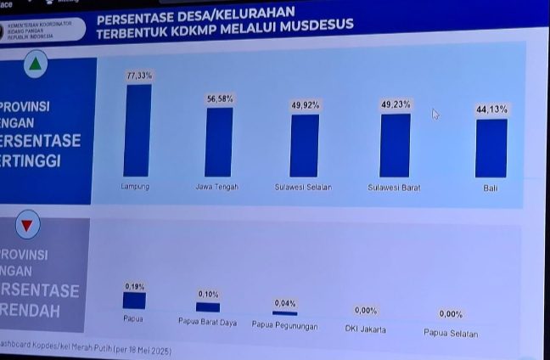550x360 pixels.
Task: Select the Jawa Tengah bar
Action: click(x=219, y=142)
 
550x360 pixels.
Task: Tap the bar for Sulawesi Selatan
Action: click(x=304, y=145)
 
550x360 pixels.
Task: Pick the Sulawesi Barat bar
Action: click(x=395, y=145)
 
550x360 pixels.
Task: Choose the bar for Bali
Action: click(x=491, y=148)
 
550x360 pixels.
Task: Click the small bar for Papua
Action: click(x=134, y=301)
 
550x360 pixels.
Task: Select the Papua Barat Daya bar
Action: click(x=208, y=307)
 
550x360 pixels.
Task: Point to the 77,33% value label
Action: click(x=139, y=76)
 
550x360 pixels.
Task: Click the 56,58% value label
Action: click(x=220, y=99)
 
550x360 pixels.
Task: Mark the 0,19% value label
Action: click(x=134, y=286)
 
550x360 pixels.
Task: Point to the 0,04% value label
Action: click(x=285, y=303)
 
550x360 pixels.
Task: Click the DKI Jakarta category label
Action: click(x=366, y=329)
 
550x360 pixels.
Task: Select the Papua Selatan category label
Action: click(x=451, y=333)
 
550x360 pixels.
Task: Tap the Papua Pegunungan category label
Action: click(x=285, y=324)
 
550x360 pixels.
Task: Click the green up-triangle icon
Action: click(x=35, y=65)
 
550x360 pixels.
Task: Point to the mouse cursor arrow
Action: click(x=435, y=114)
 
